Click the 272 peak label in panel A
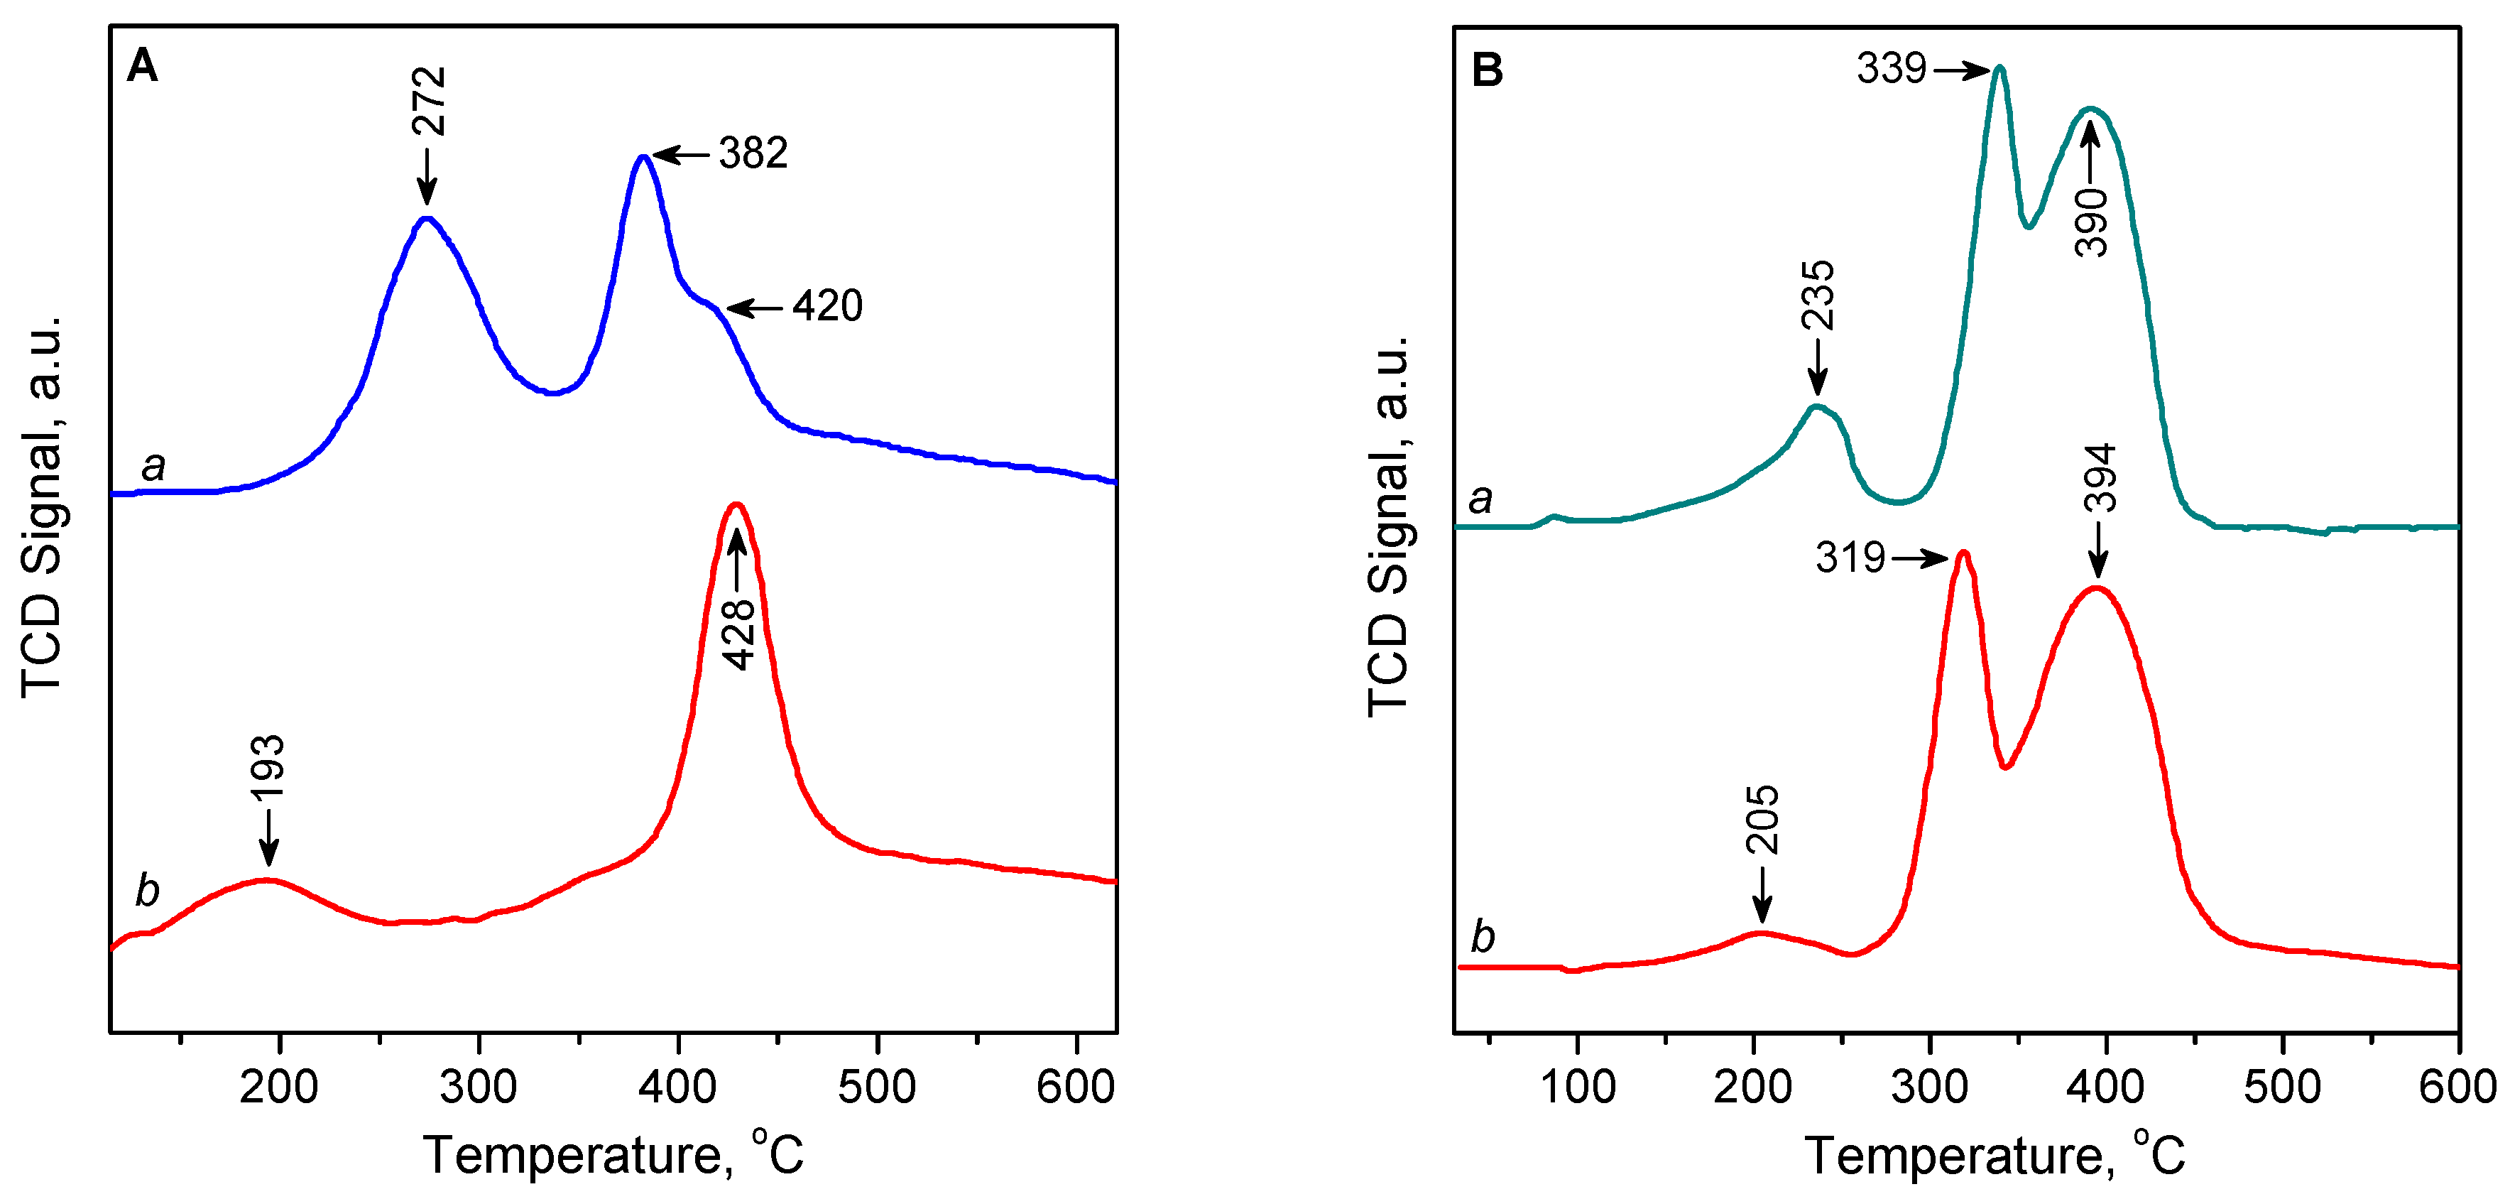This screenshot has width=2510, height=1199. pos(429,102)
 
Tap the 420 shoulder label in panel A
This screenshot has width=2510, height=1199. pos(827,306)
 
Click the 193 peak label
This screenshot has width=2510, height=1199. pos(268,768)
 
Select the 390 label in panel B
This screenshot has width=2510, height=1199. pos(2091,222)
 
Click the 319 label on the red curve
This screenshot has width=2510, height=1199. pos(1850,558)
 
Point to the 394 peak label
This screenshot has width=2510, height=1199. pos(2099,477)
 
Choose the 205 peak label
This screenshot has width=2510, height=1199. pos(1762,820)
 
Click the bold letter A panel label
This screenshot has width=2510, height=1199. pos(142,66)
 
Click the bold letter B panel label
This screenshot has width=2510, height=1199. pos(1487,70)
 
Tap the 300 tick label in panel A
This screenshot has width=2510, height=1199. pos(479,1086)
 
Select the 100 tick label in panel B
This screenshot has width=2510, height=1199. pos(1576,1086)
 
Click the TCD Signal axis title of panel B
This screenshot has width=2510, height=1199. pos(1390,526)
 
